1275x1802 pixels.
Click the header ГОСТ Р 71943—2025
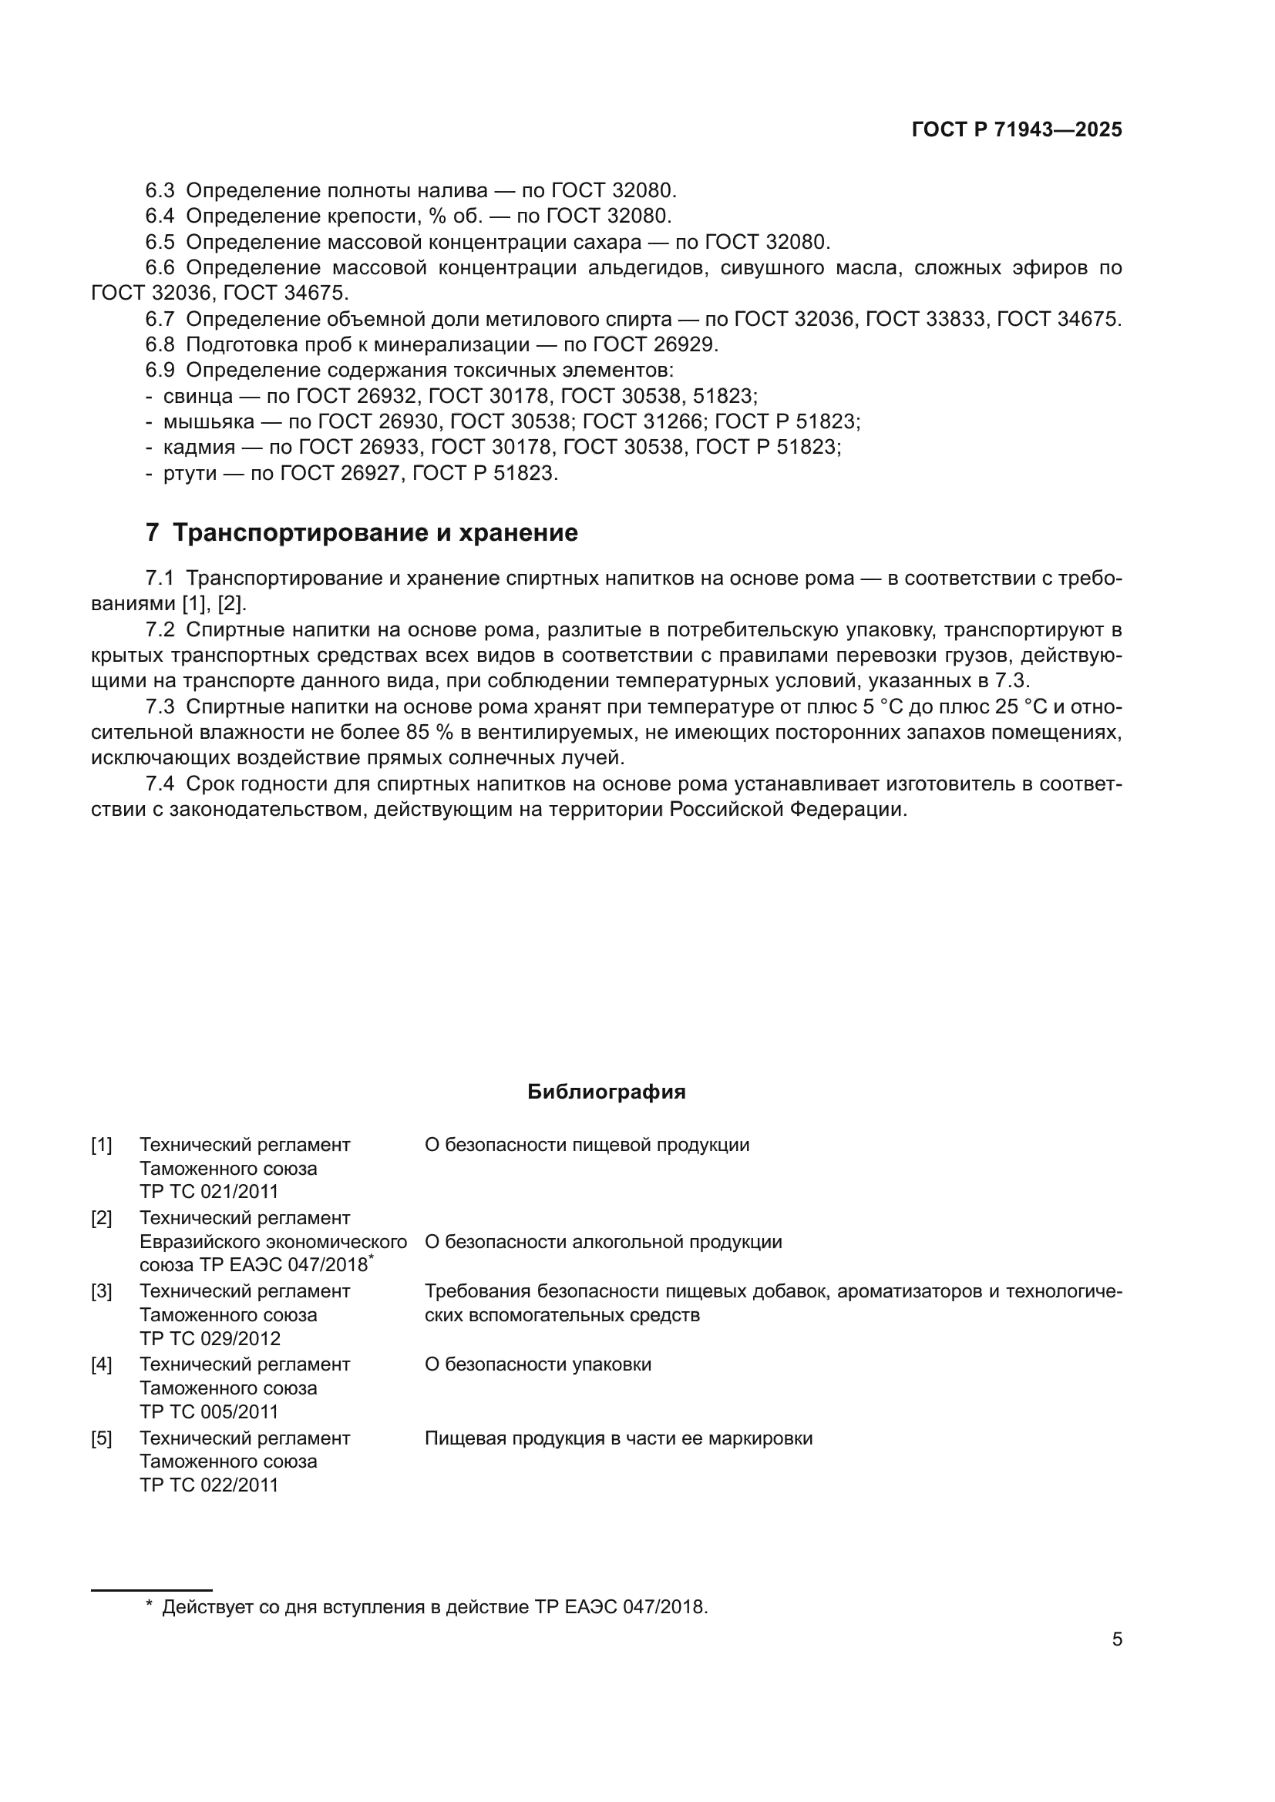click(1017, 130)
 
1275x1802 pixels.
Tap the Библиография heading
click(606, 1092)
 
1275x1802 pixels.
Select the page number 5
click(1116, 1639)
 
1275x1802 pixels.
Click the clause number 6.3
click(160, 191)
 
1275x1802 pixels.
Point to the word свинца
click(198, 396)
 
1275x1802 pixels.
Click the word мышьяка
click(208, 422)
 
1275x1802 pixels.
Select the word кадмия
click(199, 448)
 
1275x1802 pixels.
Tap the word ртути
click(190, 474)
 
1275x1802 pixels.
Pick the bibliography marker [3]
click(101, 1291)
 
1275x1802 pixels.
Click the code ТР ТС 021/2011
click(209, 1191)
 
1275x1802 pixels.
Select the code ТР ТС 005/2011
click(209, 1411)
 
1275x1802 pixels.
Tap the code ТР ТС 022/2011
click(209, 1485)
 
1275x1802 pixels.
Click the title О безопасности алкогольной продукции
click(603, 1242)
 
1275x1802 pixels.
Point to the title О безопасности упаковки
click(538, 1364)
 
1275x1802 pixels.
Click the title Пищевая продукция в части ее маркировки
click(618, 1438)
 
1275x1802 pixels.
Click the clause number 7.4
click(160, 785)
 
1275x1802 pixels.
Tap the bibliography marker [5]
click(101, 1438)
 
